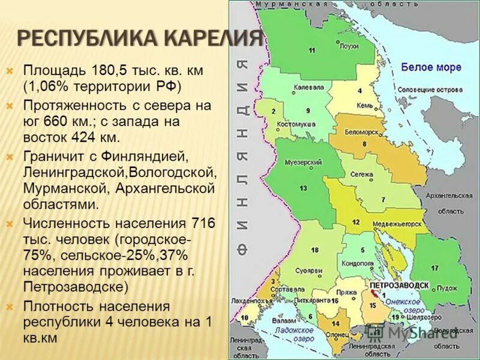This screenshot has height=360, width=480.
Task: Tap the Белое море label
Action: [431, 67]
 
